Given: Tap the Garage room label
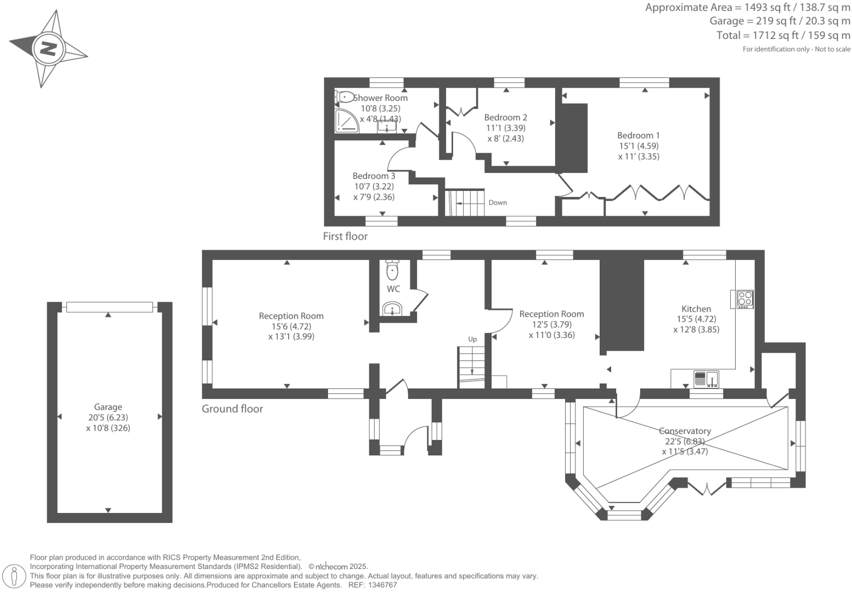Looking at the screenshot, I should click(108, 407).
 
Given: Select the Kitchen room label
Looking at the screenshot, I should click(696, 309).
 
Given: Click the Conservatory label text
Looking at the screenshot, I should click(685, 431).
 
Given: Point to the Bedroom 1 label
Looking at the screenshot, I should click(639, 136).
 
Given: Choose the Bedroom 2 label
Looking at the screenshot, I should click(505, 117).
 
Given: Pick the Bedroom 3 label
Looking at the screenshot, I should click(374, 176).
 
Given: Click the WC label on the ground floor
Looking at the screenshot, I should click(393, 289).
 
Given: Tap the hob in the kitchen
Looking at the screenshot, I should click(744, 299).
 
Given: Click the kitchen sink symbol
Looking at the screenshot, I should click(707, 379).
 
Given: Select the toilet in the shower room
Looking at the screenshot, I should click(345, 97).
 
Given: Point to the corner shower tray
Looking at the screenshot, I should click(346, 121).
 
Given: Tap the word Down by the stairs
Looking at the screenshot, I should click(498, 203).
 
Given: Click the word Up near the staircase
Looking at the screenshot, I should click(472, 340).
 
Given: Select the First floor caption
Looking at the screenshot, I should click(345, 236).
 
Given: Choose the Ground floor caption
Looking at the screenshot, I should click(232, 409).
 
